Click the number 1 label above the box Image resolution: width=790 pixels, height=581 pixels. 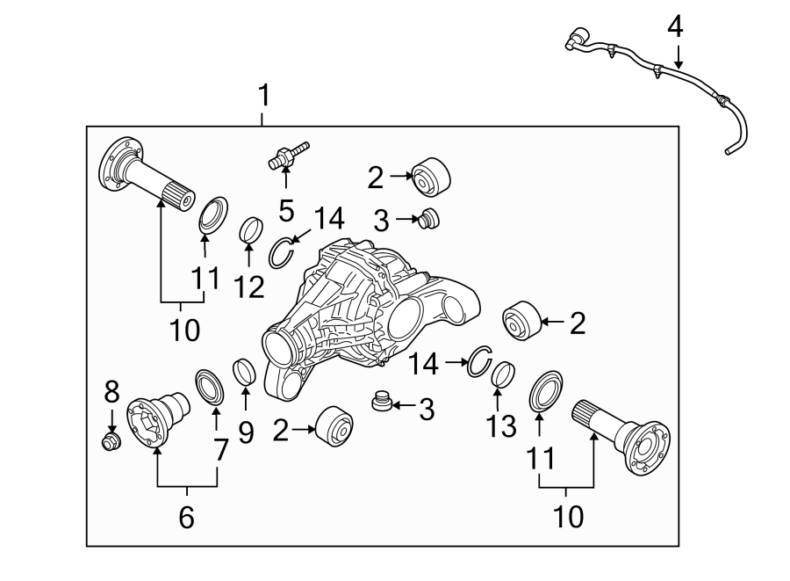point(263,94)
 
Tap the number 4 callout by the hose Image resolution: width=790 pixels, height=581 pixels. point(674,26)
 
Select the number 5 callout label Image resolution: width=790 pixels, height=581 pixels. point(284,210)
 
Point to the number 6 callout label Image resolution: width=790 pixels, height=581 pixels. point(186,517)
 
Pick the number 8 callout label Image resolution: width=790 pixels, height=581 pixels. point(110,391)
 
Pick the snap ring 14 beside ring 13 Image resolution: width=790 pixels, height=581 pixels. point(478,362)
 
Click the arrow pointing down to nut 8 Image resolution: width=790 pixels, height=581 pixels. point(111,418)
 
